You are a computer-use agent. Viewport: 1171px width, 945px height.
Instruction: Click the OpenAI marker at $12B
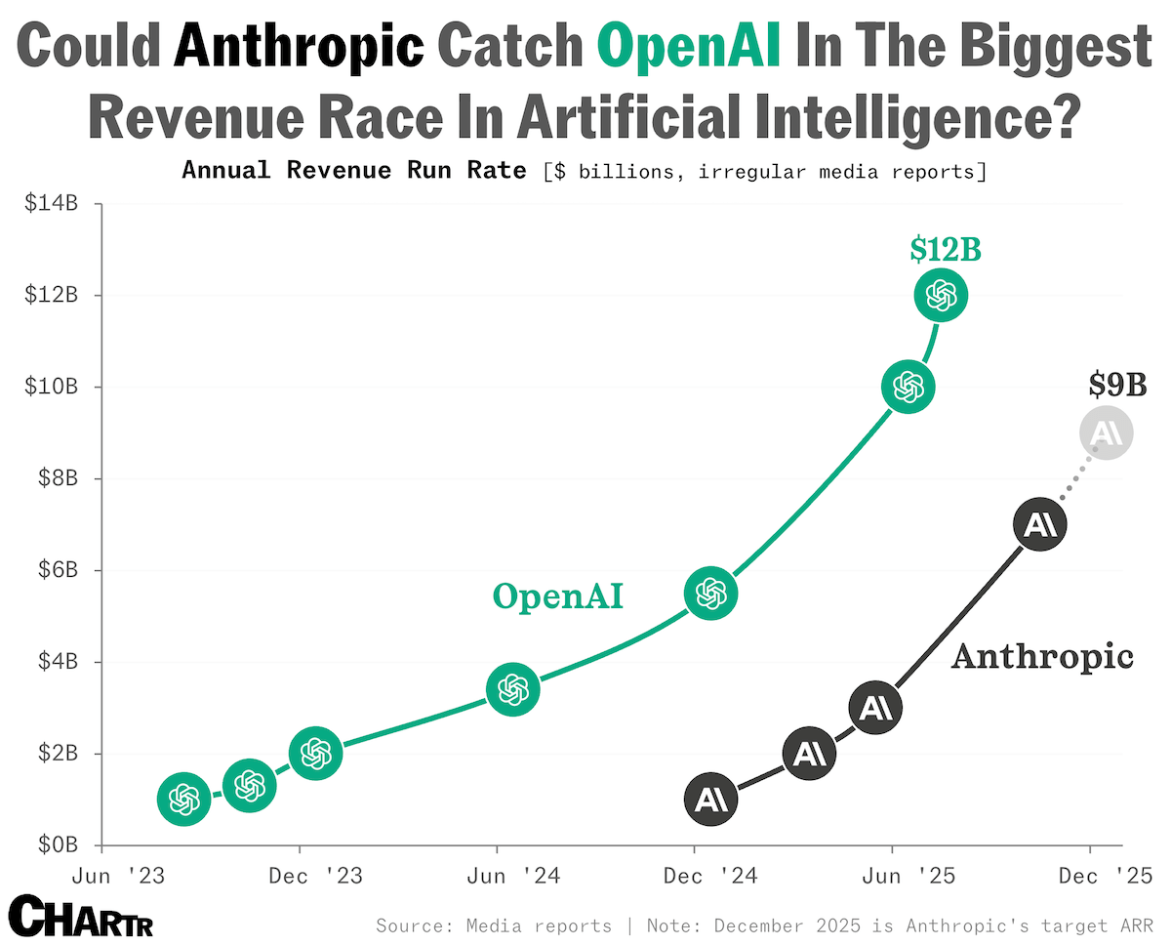pyautogui.click(x=941, y=295)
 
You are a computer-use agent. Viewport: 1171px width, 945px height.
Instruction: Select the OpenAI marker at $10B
pyautogui.click(x=908, y=387)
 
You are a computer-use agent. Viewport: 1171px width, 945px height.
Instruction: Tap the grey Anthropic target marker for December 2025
pyautogui.click(x=1107, y=432)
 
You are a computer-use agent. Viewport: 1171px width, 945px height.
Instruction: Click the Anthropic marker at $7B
pyautogui.click(x=1040, y=523)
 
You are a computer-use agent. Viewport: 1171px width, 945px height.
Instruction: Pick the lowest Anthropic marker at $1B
pyautogui.click(x=710, y=799)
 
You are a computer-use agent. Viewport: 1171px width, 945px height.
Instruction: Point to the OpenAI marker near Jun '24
pyautogui.click(x=512, y=689)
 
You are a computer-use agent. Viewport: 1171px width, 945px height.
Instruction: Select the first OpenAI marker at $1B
pyautogui.click(x=183, y=799)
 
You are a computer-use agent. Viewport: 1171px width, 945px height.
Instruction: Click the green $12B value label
pyautogui.click(x=946, y=250)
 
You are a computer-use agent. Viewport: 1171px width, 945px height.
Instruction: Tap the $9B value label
pyautogui.click(x=1117, y=385)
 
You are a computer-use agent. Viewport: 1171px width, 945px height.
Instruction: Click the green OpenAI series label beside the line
pyautogui.click(x=558, y=597)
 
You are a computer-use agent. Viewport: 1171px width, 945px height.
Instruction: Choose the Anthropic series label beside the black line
pyautogui.click(x=1042, y=657)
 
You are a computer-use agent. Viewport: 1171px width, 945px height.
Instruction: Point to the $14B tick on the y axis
pyautogui.click(x=51, y=204)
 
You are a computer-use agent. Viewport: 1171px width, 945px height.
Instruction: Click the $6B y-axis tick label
pyautogui.click(x=58, y=570)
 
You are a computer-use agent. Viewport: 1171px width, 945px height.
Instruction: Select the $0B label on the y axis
pyautogui.click(x=58, y=844)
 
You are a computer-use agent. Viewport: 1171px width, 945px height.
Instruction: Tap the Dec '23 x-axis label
pyautogui.click(x=315, y=876)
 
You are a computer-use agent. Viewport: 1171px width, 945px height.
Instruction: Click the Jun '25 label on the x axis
pyautogui.click(x=909, y=876)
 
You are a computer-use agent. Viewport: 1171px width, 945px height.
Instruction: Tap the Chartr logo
pyautogui.click(x=81, y=916)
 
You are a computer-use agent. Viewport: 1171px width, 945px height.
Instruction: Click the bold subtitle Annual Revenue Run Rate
pyautogui.click(x=354, y=171)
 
